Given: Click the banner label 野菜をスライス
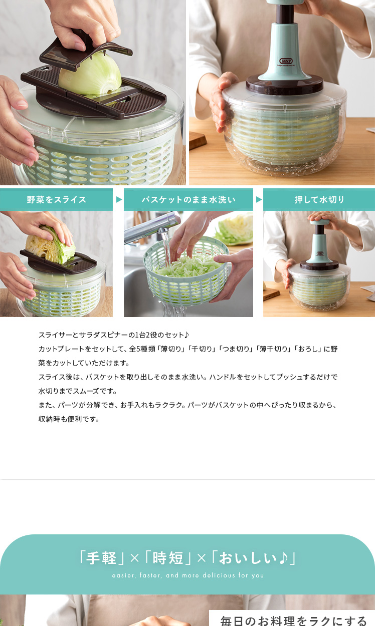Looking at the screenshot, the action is tap(56, 199).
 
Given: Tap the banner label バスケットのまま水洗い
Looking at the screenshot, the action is tap(189, 199).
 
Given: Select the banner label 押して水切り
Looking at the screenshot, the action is tap(319, 199).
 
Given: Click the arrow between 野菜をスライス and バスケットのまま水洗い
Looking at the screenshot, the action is tap(119, 199).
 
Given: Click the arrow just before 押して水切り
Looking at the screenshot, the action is tap(259, 199).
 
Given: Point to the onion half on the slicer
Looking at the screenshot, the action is tap(90, 74).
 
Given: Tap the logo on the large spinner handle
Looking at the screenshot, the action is tap(285, 61).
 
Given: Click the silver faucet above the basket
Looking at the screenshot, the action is tap(152, 227).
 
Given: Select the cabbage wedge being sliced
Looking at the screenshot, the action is tap(50, 245).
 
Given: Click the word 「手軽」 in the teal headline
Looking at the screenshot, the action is tap(101, 558).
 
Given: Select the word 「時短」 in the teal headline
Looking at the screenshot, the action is tap(167, 558).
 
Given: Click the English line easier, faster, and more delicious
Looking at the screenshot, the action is tap(188, 575).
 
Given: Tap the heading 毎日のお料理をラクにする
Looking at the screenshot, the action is tap(294, 620).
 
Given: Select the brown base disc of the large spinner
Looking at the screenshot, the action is tap(285, 84).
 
